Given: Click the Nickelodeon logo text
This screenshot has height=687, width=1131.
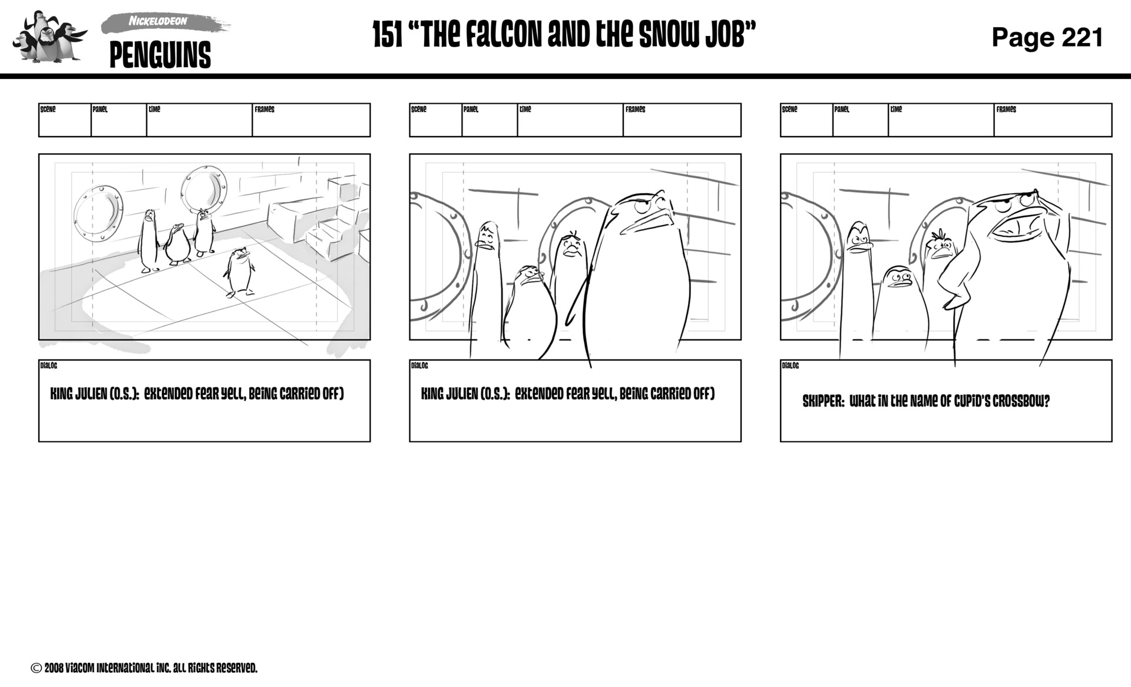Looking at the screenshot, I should (x=158, y=22).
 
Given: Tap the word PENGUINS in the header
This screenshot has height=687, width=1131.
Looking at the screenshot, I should (x=160, y=55).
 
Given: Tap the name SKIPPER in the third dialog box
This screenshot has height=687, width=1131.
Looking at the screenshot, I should (x=823, y=402).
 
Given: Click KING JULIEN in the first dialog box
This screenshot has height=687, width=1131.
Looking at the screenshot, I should (x=78, y=394).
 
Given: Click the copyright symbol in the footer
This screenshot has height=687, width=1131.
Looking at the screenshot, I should (x=36, y=668).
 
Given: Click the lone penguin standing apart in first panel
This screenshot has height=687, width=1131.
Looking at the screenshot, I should (x=239, y=272).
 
